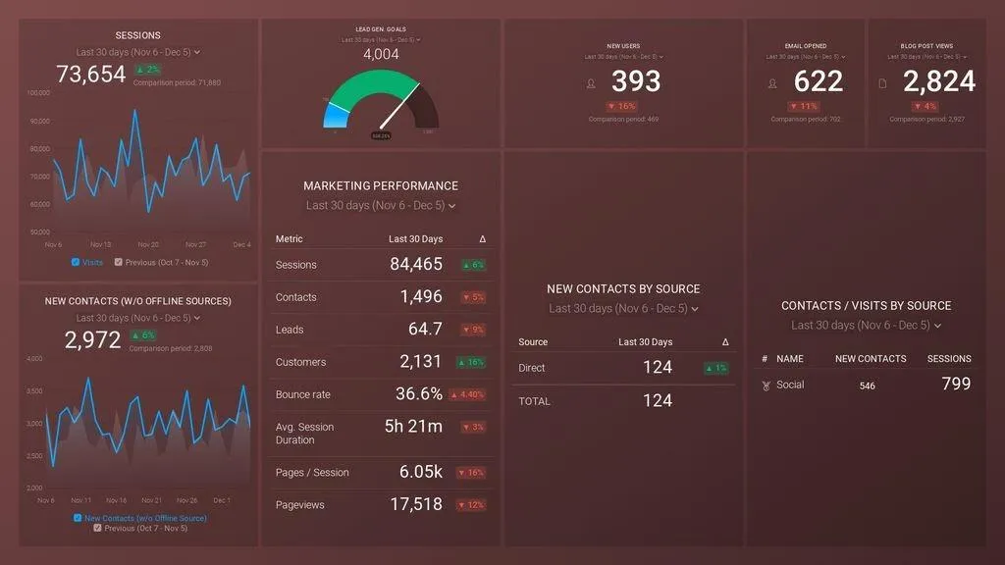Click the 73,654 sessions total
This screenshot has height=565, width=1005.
tap(91, 75)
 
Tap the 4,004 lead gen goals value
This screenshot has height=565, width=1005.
tap(381, 55)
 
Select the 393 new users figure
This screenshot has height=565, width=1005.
tap(636, 81)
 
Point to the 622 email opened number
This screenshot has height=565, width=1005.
tap(819, 81)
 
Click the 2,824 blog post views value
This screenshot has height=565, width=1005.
tap(939, 81)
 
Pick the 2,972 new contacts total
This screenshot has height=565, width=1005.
tap(93, 340)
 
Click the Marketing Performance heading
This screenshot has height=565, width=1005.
tap(381, 185)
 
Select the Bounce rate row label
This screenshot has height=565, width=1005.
tap(303, 394)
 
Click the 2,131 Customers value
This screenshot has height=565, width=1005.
tap(421, 362)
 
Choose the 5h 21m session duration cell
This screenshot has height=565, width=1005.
tap(413, 427)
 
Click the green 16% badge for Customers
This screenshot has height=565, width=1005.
tap(472, 362)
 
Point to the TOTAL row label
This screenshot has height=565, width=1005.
tap(535, 401)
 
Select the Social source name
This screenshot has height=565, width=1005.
tap(790, 385)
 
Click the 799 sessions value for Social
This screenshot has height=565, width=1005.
tap(956, 385)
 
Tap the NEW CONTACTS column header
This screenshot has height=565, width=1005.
tap(871, 359)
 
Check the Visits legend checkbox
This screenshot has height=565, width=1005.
tap(76, 262)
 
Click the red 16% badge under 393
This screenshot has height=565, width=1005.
tap(622, 106)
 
